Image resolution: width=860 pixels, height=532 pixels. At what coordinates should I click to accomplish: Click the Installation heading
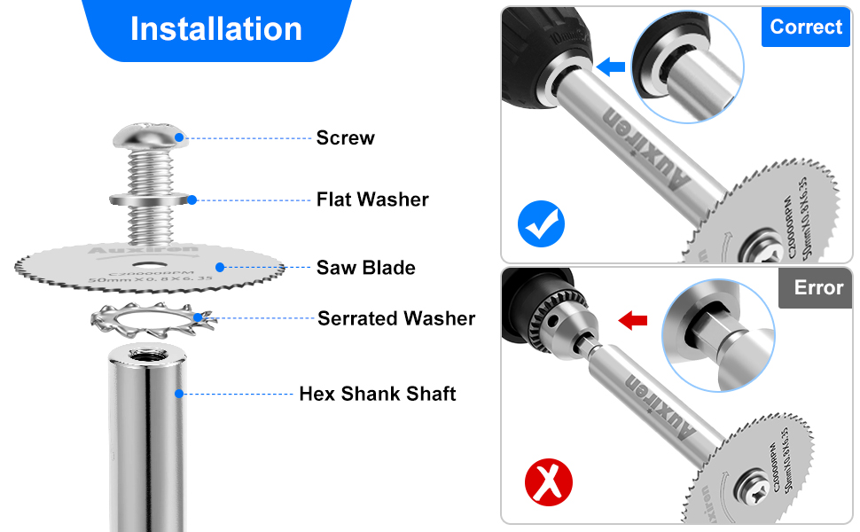pyautogui.click(x=215, y=28)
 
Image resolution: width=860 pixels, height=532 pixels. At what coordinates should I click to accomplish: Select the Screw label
pyautogui.click(x=345, y=137)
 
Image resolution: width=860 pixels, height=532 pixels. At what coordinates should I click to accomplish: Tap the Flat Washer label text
pyautogui.click(x=372, y=199)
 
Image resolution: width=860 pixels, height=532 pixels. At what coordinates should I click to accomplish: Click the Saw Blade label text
pyautogui.click(x=365, y=267)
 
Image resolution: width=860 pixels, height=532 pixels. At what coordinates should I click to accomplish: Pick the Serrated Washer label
pyautogui.click(x=396, y=318)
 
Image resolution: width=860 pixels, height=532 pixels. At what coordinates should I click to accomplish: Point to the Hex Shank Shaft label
pyautogui.click(x=377, y=394)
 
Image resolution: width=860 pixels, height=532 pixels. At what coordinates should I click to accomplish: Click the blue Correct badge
pyautogui.click(x=805, y=27)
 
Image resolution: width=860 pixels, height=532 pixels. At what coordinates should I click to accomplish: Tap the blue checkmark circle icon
pyautogui.click(x=542, y=223)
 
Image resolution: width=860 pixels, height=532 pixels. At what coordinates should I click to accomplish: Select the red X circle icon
pyautogui.click(x=549, y=483)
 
